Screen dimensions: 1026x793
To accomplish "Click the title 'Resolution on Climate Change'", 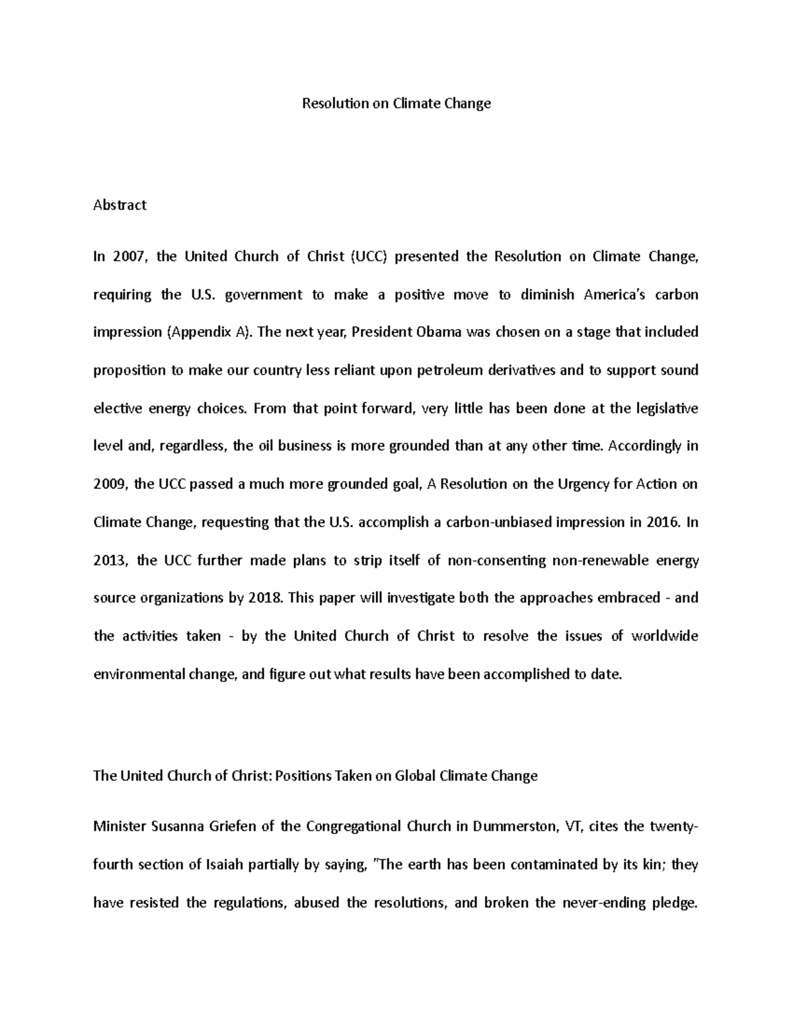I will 397,104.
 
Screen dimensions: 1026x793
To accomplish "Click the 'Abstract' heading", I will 120,205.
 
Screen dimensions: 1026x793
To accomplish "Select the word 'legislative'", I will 666,408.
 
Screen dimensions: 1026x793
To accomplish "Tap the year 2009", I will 110,484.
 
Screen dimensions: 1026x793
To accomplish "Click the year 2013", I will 110,561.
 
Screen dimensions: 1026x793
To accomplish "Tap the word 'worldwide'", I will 665,636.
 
